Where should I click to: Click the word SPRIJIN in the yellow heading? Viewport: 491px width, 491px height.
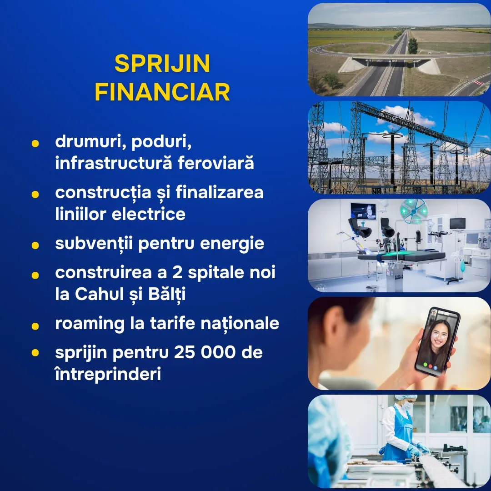point(162,64)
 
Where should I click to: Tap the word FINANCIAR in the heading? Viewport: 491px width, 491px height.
point(162,92)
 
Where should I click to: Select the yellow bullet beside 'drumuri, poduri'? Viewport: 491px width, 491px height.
point(35,143)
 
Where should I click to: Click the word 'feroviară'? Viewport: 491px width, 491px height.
point(216,163)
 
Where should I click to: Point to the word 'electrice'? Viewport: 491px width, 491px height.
point(148,214)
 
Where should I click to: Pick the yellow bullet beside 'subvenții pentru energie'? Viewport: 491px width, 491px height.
point(35,245)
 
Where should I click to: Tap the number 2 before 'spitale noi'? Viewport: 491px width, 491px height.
point(177,272)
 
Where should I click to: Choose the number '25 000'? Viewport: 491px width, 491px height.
point(205,352)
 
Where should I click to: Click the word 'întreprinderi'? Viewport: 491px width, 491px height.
point(108,374)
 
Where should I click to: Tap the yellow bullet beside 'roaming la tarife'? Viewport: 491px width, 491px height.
point(35,326)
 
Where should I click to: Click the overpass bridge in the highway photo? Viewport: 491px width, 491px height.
point(390,61)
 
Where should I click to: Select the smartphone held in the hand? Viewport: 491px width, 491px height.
point(437,341)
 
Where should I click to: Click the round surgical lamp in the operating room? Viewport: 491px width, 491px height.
point(414,211)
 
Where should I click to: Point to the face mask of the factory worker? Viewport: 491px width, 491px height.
point(407,406)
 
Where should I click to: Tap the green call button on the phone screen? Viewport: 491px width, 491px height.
point(425,365)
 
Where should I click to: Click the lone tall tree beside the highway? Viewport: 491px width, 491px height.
point(413,46)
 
